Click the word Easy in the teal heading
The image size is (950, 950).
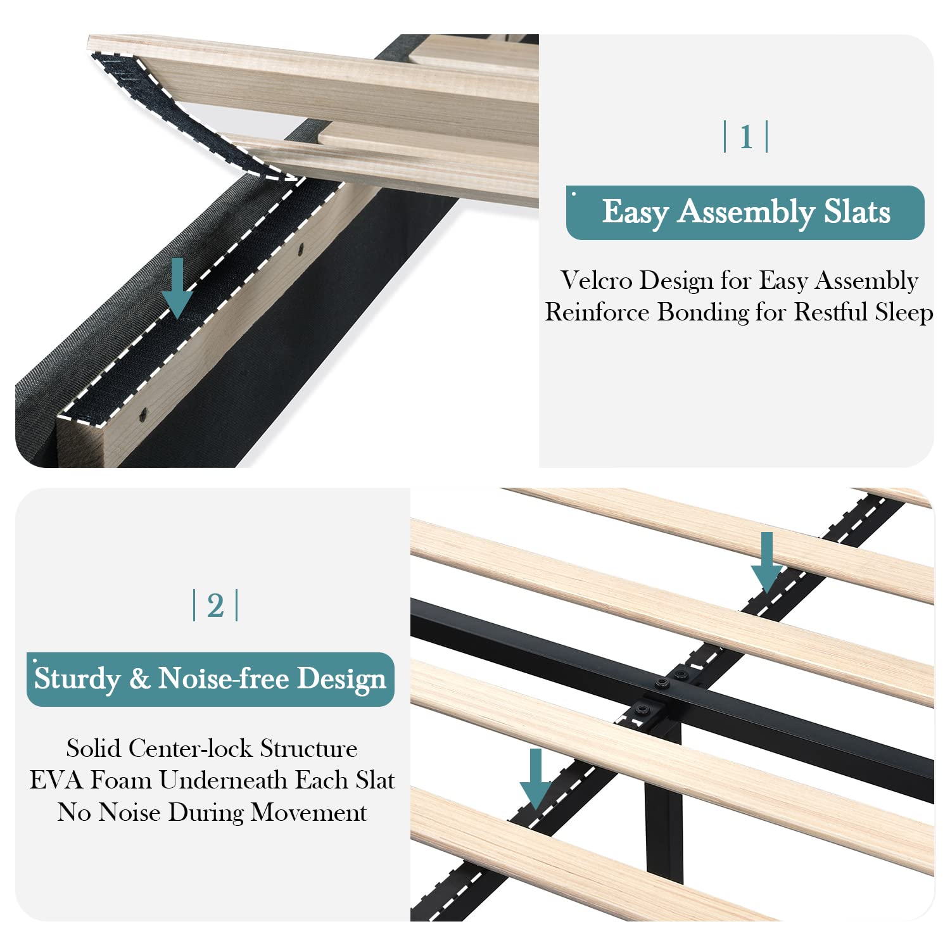(x=635, y=212)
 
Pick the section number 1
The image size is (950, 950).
(x=746, y=137)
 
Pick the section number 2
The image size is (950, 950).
(x=215, y=605)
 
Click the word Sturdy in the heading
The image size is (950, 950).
(x=77, y=679)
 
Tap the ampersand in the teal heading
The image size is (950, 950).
(x=139, y=678)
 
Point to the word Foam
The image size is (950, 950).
(x=120, y=780)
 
